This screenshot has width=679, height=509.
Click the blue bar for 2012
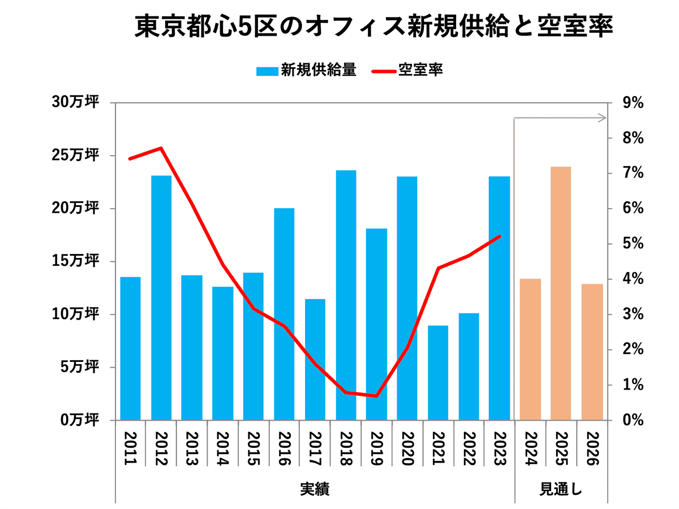coord(161,297)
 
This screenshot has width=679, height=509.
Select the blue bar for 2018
coord(346,295)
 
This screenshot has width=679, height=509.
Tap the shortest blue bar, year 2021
coord(438,373)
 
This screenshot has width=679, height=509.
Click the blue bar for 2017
coord(315,359)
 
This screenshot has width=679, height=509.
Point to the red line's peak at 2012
coord(161,148)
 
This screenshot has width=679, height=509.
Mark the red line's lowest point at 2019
coord(376,396)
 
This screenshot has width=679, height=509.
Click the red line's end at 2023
coord(500,236)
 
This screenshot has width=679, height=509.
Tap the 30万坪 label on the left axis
coord(77,103)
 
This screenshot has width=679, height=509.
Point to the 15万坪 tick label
coord(77,261)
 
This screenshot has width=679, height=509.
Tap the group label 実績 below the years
coord(315,488)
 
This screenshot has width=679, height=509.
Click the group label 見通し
coord(561,488)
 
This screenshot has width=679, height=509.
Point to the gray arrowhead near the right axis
coord(603,118)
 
